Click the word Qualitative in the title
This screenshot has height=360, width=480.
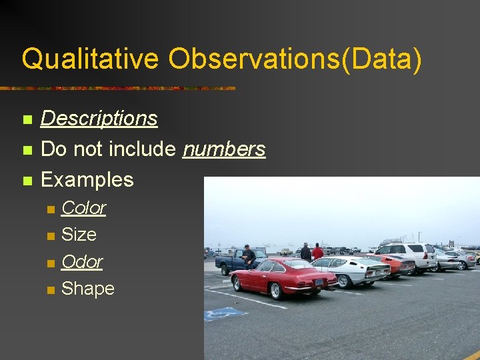pyautogui.click(x=89, y=59)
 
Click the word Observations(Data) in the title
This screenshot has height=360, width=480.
pyautogui.click(x=295, y=59)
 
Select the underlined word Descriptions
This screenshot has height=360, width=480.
pyautogui.click(x=99, y=118)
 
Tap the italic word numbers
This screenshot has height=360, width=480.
pyautogui.click(x=224, y=149)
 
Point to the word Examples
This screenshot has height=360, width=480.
pyautogui.click(x=87, y=179)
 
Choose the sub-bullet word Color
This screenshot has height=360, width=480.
pyautogui.click(x=83, y=208)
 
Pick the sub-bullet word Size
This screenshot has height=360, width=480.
pyautogui.click(x=79, y=235)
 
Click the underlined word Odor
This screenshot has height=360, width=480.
pyautogui.click(x=81, y=261)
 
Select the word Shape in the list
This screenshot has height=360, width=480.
pyautogui.click(x=87, y=289)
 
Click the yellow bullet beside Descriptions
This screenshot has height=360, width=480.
pyautogui.click(x=27, y=120)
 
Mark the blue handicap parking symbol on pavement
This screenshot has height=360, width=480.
pyautogui.click(x=225, y=313)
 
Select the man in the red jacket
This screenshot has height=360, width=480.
pyautogui.click(x=318, y=251)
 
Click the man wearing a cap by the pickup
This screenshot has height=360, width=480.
pyautogui.click(x=248, y=255)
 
